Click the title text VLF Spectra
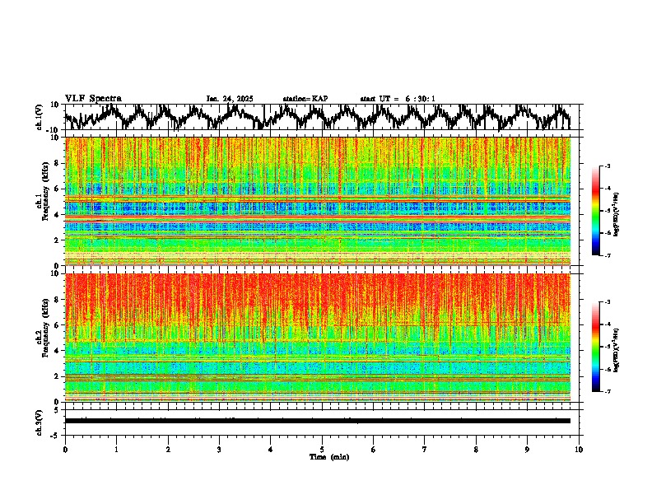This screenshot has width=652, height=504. (x=93, y=99)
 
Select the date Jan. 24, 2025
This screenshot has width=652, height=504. (x=230, y=99)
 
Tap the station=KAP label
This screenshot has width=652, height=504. (x=305, y=99)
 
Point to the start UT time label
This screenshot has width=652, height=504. (x=398, y=99)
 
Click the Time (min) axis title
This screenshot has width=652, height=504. (x=328, y=456)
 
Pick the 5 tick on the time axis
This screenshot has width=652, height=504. (x=322, y=449)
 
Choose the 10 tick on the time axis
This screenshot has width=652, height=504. (x=580, y=449)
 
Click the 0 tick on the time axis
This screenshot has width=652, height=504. (x=65, y=449)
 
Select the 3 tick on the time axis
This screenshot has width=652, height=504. (x=219, y=449)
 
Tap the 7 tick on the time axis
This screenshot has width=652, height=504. (x=425, y=449)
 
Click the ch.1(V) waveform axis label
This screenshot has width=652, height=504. (x=40, y=117)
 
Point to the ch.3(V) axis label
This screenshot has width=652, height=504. (x=40, y=421)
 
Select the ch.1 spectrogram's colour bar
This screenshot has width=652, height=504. (x=595, y=212)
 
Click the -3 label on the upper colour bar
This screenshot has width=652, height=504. (x=608, y=167)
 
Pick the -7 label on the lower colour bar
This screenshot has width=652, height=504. (x=608, y=392)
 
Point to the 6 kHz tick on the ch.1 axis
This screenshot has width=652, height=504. (x=58, y=189)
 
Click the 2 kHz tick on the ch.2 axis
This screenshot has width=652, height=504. (x=58, y=376)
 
